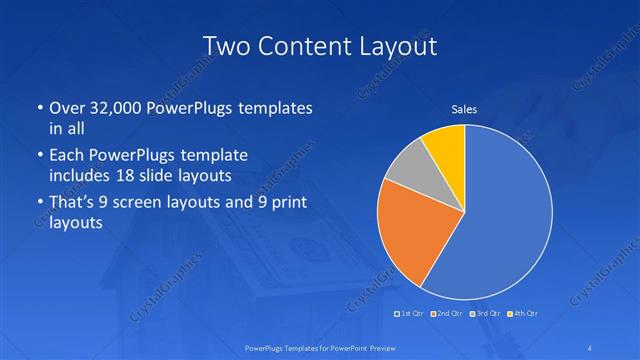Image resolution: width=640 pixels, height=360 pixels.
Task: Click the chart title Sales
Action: coord(464,109)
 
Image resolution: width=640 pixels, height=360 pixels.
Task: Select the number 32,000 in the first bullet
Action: coord(112,109)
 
